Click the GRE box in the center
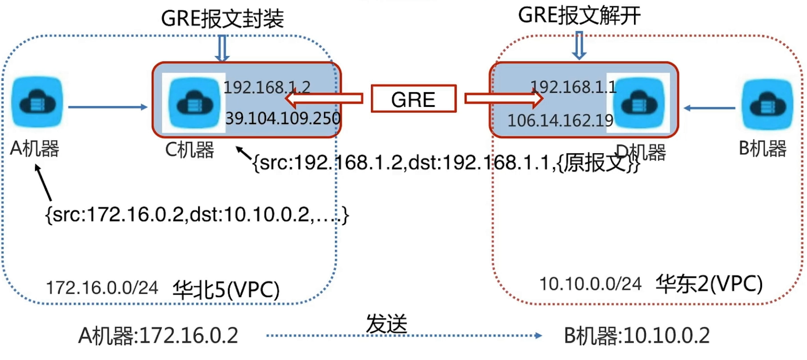(x=413, y=99)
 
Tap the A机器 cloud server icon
(x=37, y=102)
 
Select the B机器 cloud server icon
(x=767, y=104)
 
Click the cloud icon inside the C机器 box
(x=194, y=103)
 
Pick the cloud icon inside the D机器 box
(x=639, y=103)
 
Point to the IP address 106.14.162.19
(x=560, y=120)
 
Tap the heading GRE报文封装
(x=222, y=19)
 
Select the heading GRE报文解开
(x=579, y=15)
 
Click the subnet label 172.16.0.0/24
(x=102, y=288)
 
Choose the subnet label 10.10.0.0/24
(x=590, y=284)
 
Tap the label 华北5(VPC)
(x=226, y=290)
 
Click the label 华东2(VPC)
(x=709, y=284)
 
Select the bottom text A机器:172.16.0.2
(x=158, y=336)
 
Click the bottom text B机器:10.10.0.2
(x=637, y=336)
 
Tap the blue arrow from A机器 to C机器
(x=108, y=107)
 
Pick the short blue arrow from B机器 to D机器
(x=709, y=108)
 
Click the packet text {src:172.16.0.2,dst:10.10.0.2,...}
(x=197, y=215)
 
